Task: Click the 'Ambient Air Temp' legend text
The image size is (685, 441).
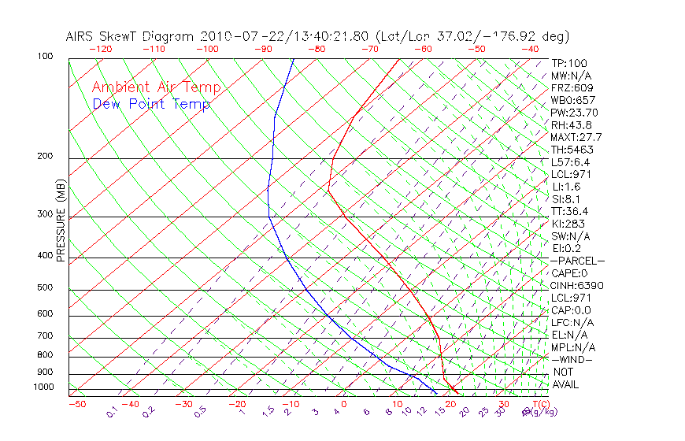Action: pyautogui.click(x=156, y=87)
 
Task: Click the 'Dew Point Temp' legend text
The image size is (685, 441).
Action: pyautogui.click(x=151, y=104)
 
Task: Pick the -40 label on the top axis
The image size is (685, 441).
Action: pyautogui.click(x=531, y=49)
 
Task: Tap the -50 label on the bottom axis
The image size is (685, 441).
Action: pyautogui.click(x=76, y=405)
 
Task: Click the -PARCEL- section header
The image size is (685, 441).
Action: pyautogui.click(x=577, y=261)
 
